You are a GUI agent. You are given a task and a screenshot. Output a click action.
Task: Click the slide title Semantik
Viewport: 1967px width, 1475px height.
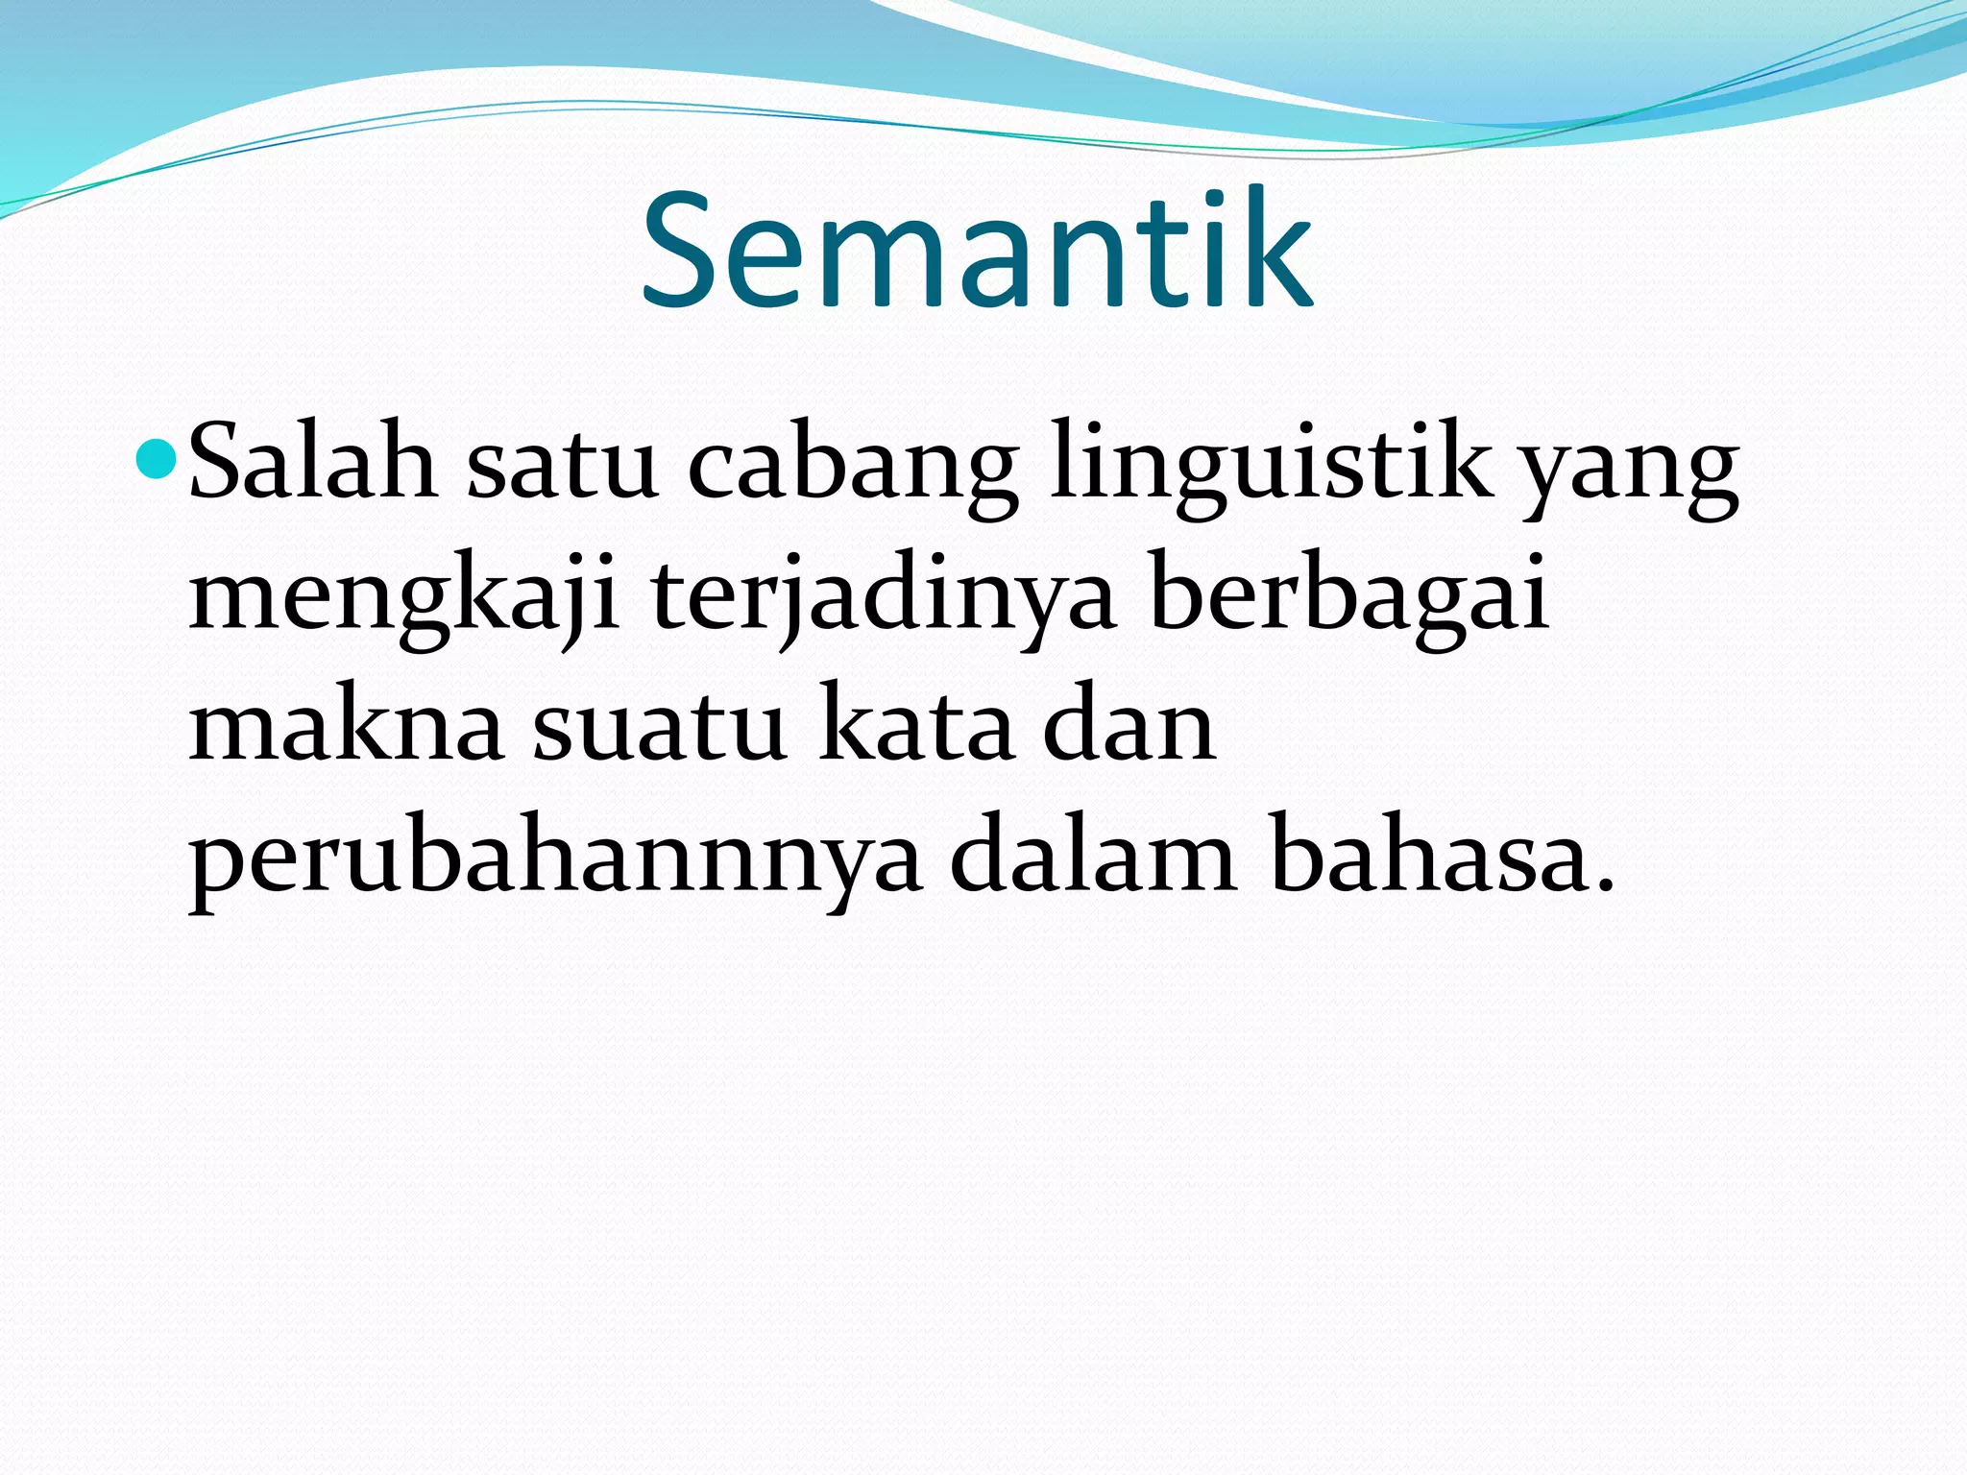(x=976, y=252)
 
